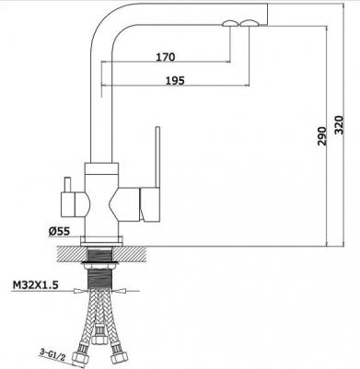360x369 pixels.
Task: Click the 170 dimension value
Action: coord(166,57)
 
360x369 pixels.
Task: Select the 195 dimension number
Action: coord(175,80)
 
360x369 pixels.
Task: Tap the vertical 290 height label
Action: coord(321,136)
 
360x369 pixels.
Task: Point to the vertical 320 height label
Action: coord(339,125)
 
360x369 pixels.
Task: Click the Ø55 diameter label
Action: coord(59,231)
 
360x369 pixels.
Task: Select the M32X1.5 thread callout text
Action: coord(35,285)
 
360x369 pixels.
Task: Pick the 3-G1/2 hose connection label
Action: coord(52,353)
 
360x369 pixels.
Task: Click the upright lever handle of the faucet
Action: coord(157,157)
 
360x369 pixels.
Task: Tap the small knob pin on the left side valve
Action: coord(67,185)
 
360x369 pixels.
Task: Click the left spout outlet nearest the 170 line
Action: coord(229,23)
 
